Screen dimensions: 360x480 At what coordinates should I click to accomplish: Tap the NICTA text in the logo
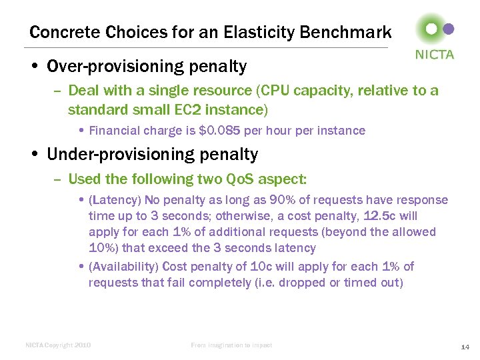click(x=435, y=55)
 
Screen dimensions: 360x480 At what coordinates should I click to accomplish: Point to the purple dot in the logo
click(x=449, y=29)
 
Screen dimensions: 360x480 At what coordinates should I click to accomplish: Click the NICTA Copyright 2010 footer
click(x=58, y=345)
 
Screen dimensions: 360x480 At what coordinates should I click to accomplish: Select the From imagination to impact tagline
click(x=231, y=345)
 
